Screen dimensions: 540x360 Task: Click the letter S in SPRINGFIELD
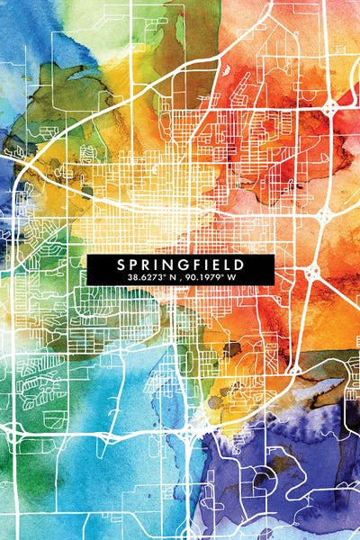[119, 265]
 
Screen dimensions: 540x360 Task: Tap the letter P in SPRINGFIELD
[133, 265]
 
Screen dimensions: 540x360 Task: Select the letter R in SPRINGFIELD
[147, 265]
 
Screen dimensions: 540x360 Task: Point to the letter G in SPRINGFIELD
[186, 265]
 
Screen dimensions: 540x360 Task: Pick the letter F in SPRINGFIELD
[200, 265]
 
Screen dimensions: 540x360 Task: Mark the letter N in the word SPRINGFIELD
[171, 265]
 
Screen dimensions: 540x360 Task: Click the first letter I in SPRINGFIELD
[158, 265]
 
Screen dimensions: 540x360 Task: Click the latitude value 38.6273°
[144, 278]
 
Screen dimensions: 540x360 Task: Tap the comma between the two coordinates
[178, 280]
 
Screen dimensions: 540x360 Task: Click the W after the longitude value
[232, 278]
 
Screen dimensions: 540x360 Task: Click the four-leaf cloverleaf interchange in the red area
[331, 107]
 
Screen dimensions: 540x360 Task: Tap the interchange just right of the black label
[311, 271]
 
